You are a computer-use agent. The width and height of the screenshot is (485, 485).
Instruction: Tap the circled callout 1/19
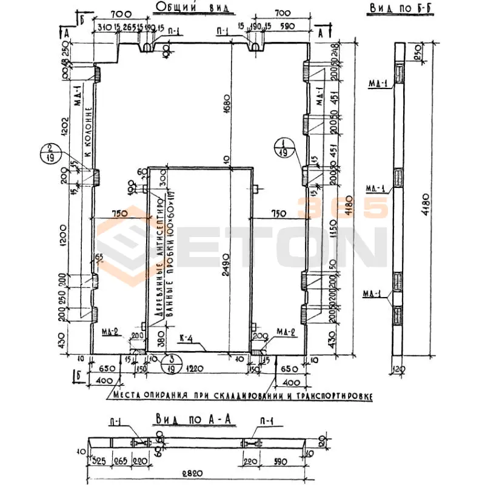[283, 148]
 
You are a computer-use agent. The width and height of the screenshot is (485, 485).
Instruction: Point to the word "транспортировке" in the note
[337, 396]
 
